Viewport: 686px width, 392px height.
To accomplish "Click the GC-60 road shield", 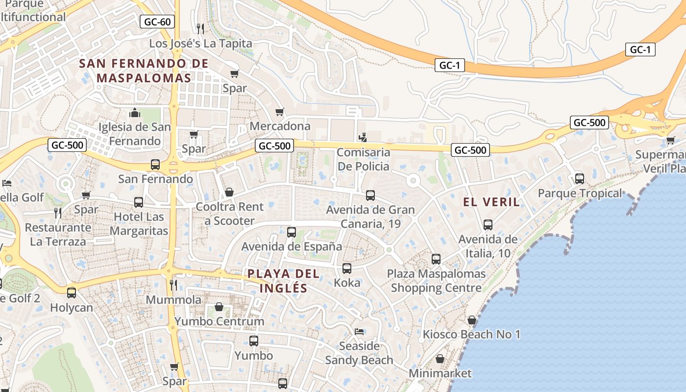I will point(157,22).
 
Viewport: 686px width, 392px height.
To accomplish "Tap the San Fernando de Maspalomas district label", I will point(144,71).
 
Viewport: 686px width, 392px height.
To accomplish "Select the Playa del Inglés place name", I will point(283,281).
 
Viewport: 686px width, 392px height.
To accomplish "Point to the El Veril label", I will point(491,202).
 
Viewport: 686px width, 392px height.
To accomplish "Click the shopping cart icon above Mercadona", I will point(280,112).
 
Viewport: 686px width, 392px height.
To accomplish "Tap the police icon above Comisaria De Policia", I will point(363,138).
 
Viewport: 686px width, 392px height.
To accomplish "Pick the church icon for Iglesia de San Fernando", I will point(135,113).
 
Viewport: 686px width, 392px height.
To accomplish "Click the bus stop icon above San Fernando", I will point(155,165).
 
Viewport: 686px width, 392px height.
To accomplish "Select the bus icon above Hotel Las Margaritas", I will point(139,202).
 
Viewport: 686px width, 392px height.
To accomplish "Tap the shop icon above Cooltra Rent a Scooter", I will point(229,192).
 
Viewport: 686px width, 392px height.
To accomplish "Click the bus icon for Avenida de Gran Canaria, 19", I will point(370,196).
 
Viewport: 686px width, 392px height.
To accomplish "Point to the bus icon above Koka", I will point(347,268).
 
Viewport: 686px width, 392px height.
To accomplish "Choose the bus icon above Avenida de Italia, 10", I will point(488,225).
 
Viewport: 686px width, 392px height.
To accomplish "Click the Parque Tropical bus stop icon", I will point(580,179).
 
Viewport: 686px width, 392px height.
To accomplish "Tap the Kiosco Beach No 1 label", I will point(471,334).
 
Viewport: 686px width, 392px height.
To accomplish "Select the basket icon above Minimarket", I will point(440,359).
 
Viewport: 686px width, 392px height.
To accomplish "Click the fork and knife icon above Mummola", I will point(173,285).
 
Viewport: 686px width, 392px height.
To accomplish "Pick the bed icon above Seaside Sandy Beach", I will point(359,331).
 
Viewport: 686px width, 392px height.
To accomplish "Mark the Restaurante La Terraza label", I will point(58,234).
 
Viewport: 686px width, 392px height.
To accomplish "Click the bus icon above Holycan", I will point(72,293).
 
